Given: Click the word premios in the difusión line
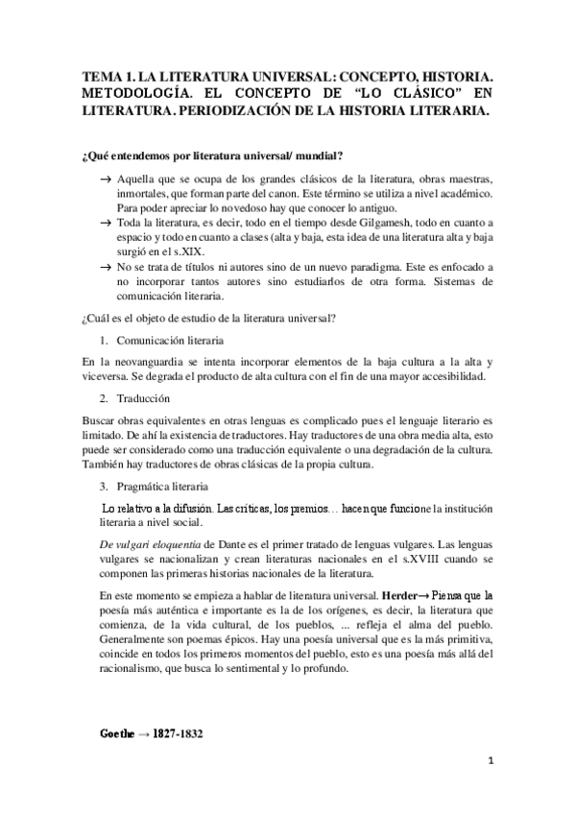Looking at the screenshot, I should (295, 507).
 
